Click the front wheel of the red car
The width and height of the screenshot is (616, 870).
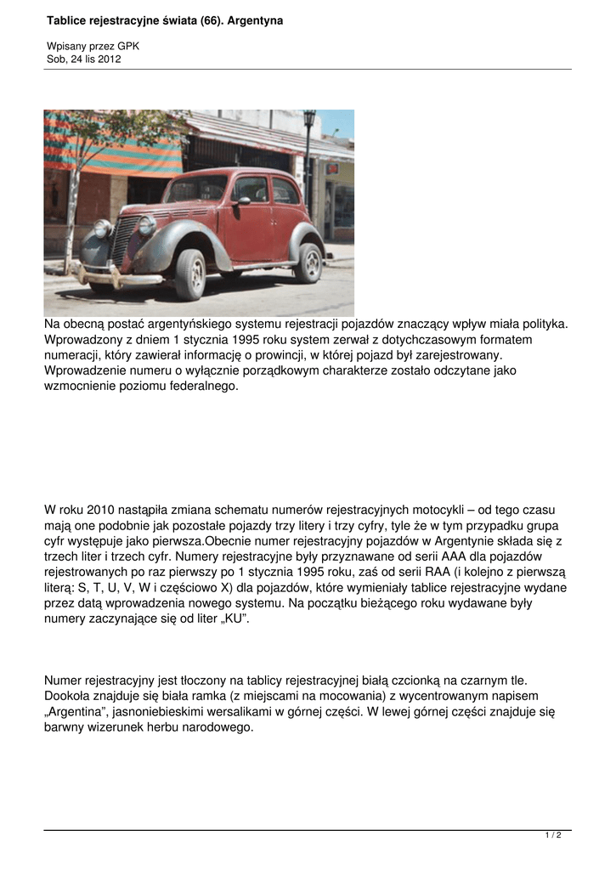point(190,274)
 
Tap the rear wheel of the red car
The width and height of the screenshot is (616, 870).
point(308,263)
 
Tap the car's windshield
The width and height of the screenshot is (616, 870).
point(196,189)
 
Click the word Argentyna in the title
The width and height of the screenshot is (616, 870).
point(253,20)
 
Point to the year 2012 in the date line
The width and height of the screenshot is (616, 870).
point(107,59)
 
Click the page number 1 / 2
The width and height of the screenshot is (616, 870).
point(553,835)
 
